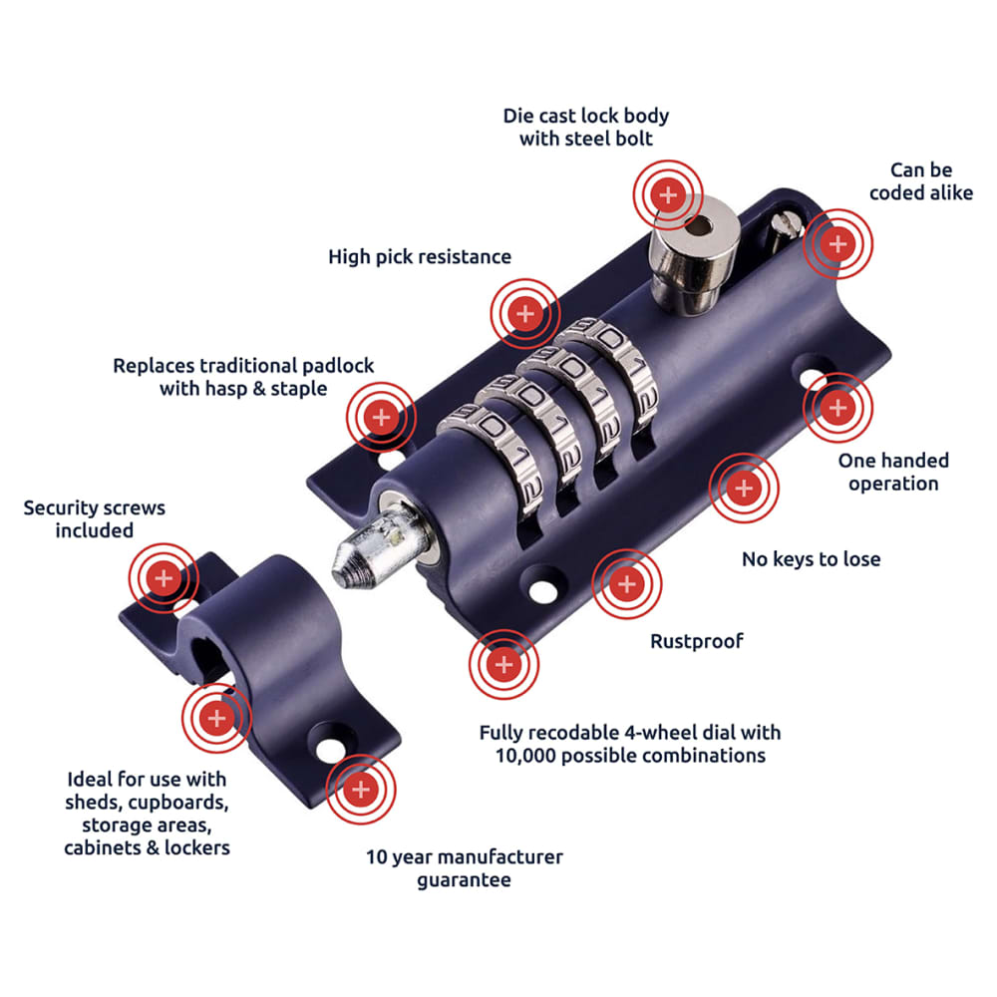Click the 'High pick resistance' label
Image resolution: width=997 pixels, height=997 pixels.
(x=420, y=257)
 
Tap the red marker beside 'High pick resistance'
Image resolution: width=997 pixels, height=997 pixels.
(x=524, y=314)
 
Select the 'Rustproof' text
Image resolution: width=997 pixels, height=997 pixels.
(x=697, y=641)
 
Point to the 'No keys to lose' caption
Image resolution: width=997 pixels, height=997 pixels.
(x=811, y=559)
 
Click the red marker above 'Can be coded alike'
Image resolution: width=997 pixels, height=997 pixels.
(x=837, y=242)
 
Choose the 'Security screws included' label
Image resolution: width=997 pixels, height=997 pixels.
(x=95, y=519)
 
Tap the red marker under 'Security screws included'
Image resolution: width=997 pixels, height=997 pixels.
(x=164, y=577)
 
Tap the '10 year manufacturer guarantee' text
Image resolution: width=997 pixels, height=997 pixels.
(x=464, y=868)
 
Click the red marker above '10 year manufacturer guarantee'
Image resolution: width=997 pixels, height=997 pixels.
(x=361, y=791)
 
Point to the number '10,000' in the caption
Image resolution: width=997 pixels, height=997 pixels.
(x=527, y=755)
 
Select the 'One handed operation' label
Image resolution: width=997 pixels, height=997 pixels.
(x=893, y=472)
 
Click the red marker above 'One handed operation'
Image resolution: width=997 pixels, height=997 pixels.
(x=837, y=408)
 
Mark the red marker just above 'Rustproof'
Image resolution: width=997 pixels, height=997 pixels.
(x=626, y=583)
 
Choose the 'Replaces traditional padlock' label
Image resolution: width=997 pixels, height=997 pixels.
(x=243, y=366)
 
